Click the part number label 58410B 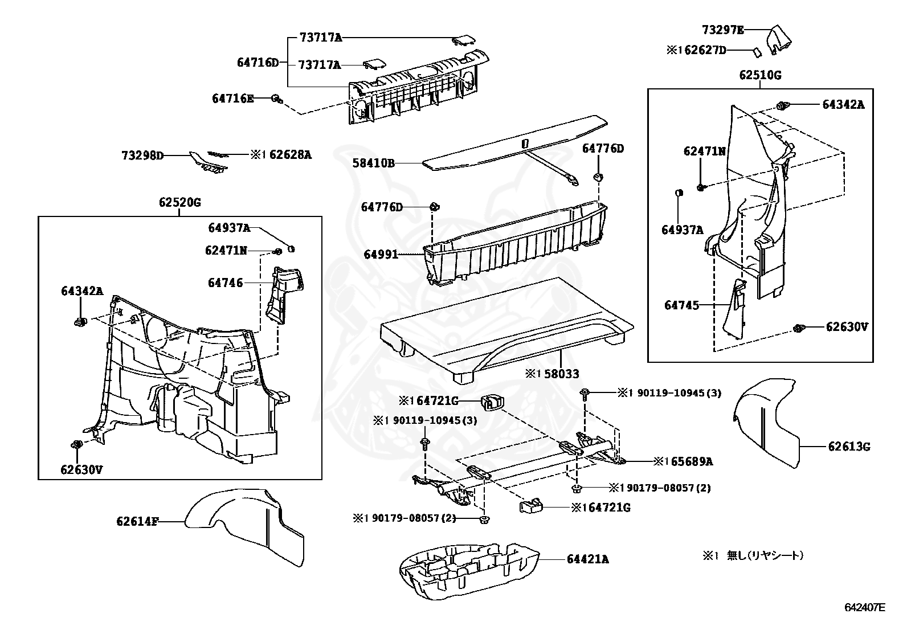tap(373, 163)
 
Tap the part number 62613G tap(849, 447)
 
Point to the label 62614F tap(137, 521)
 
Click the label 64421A tap(587, 559)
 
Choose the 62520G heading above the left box tap(179, 202)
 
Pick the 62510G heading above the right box tap(760, 75)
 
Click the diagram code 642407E tap(865, 607)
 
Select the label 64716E tap(232, 99)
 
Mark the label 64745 tap(681, 305)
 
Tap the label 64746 tap(225, 283)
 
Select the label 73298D tap(142, 154)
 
